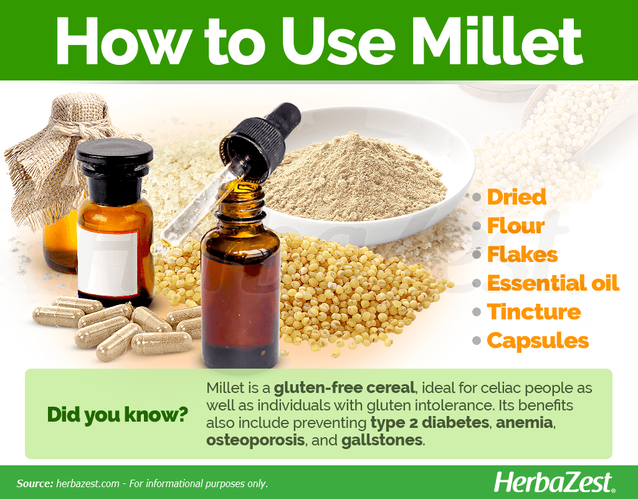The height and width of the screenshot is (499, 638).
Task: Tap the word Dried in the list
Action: [517, 197]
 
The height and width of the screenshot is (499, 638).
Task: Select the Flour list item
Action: [515, 226]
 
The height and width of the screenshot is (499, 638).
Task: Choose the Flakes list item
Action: [522, 254]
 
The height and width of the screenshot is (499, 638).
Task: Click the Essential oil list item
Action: [553, 283]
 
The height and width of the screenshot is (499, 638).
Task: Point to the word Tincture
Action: [534, 312]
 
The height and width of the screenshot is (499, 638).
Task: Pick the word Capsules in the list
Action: [538, 341]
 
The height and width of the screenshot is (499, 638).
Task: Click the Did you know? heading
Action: [118, 415]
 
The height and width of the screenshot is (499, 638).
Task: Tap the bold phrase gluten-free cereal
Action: [344, 388]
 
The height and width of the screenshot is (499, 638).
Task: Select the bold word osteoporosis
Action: [255, 440]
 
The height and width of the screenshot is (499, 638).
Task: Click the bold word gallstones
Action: [382, 440]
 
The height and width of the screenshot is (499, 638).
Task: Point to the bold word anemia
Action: [524, 422]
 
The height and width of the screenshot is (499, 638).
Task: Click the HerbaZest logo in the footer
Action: [554, 483]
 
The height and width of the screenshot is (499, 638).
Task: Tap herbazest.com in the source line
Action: [87, 483]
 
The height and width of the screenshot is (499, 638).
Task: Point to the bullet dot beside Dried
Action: [477, 198]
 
